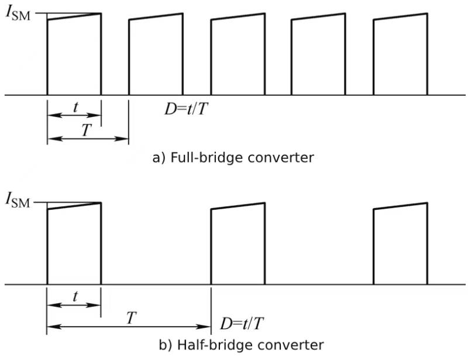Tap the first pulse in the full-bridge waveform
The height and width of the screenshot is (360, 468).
click(x=74, y=56)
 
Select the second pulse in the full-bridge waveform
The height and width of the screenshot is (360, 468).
click(x=155, y=56)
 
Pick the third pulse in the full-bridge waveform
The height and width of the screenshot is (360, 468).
click(x=238, y=56)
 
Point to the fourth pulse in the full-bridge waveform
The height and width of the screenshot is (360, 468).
click(x=318, y=56)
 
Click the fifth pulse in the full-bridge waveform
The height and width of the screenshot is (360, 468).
click(x=400, y=56)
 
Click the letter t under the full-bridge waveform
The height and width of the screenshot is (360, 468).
click(x=75, y=108)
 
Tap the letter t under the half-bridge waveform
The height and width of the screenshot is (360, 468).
click(x=75, y=297)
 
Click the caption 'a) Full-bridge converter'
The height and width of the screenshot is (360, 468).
click(x=233, y=157)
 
